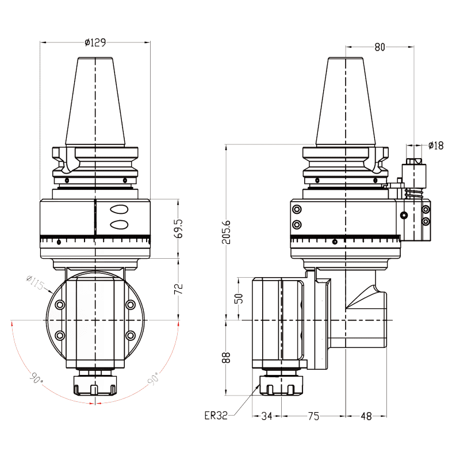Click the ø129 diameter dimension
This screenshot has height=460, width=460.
[x=95, y=42]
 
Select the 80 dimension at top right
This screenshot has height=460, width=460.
[x=379, y=47]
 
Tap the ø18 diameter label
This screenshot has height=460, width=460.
[x=436, y=145]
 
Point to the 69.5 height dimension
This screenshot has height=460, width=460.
[x=179, y=228]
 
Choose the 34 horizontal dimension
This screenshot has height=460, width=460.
[x=267, y=416]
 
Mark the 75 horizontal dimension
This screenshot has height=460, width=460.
[x=313, y=416]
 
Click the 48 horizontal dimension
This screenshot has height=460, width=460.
[x=366, y=416]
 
